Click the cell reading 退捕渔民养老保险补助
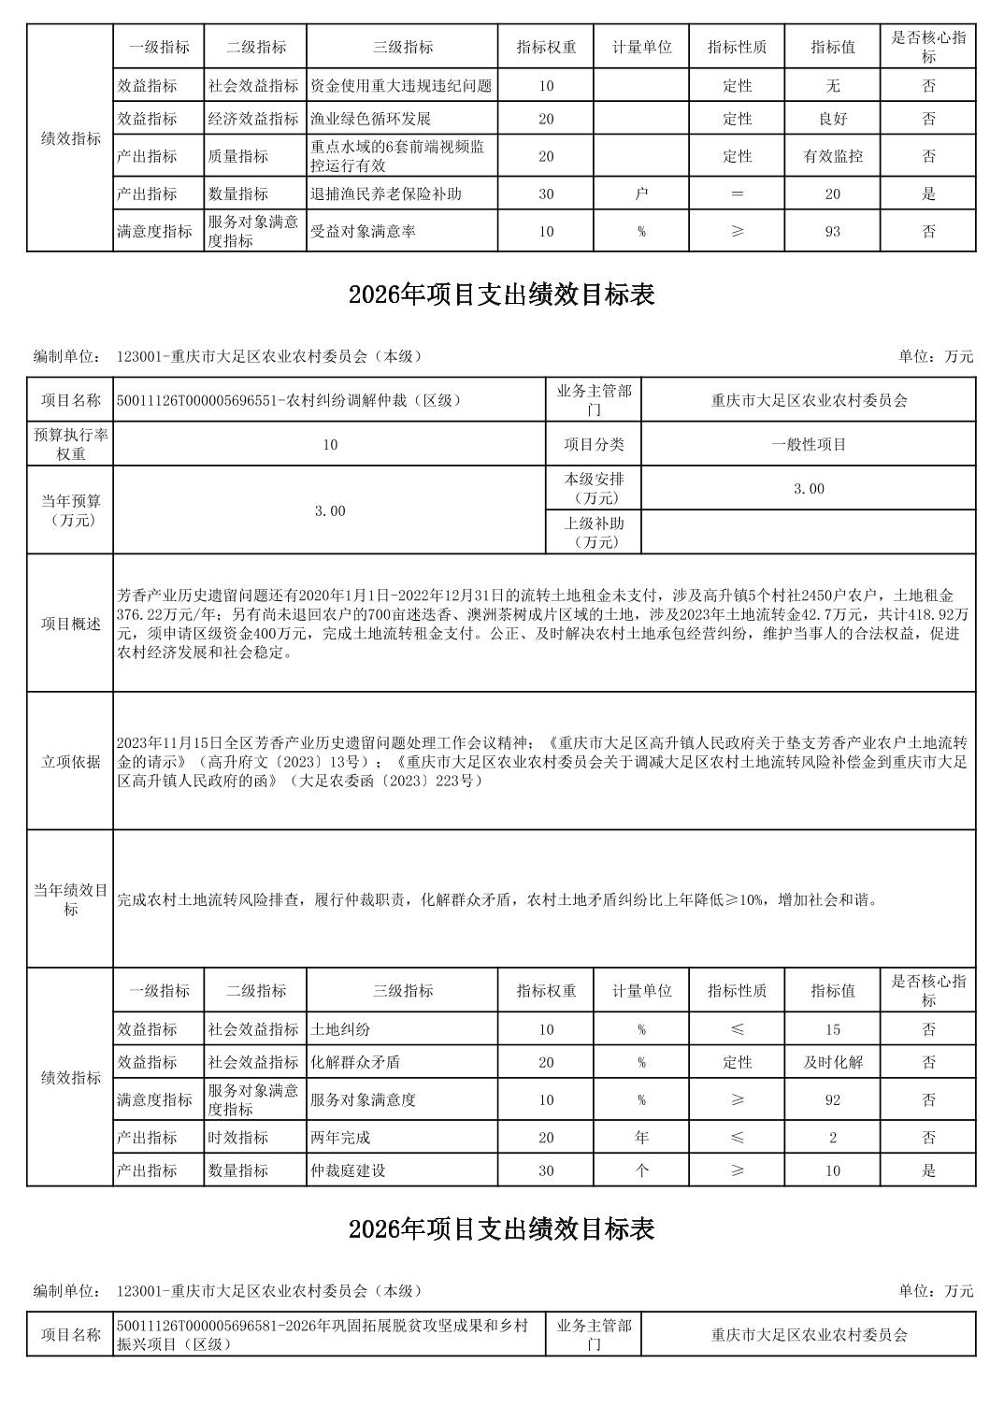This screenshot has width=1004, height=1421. (386, 194)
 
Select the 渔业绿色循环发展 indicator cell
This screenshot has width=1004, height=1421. (370, 119)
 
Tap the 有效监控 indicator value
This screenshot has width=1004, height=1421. (832, 156)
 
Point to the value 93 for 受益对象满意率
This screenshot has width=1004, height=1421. (832, 231)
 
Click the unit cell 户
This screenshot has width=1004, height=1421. (641, 194)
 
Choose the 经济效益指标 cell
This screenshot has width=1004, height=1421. (253, 119)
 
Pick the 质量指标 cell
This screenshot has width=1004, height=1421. (238, 156)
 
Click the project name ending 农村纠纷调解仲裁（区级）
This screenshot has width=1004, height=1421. (290, 400)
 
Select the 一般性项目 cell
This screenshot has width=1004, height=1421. (809, 444)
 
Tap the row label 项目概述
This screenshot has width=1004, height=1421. (71, 624)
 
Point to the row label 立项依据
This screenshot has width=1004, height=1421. (71, 761)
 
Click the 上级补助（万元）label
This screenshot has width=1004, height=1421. (594, 533)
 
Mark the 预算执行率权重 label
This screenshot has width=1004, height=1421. (71, 444)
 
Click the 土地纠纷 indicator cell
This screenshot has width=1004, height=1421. (340, 1029)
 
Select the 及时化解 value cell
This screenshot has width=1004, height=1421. (832, 1062)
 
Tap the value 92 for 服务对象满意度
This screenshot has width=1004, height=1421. (832, 1099)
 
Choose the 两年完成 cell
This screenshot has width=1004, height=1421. (340, 1137)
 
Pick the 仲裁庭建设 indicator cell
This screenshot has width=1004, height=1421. (348, 1170)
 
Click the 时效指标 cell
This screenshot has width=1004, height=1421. (238, 1137)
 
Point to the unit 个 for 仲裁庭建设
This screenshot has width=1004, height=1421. (641, 1170)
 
